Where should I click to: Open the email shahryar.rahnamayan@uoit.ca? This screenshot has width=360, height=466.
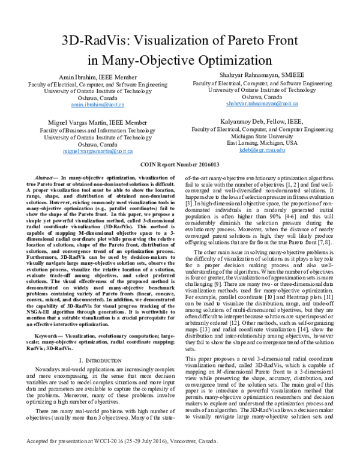coord(254,103)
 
